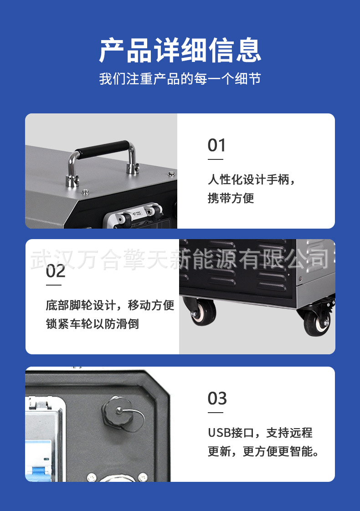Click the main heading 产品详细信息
(x=180, y=50)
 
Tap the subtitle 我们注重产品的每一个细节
(x=180, y=78)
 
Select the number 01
(x=216, y=146)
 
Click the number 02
(x=56, y=271)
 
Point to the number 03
(x=217, y=399)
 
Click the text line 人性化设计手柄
(x=252, y=179)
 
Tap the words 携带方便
(x=231, y=198)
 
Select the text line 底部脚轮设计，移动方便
(x=110, y=305)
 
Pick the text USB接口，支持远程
(x=260, y=433)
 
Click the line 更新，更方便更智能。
(x=264, y=451)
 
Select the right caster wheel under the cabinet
(x=316, y=322)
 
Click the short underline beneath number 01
(x=216, y=159)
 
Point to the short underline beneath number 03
(x=216, y=413)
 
